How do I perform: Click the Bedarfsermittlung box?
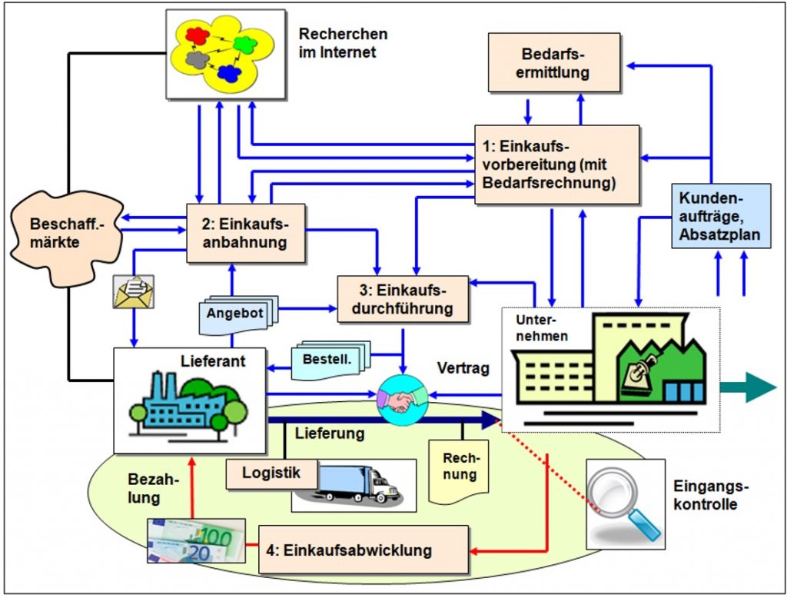pos(554,63)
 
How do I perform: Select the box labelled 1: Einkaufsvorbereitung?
pos(556,164)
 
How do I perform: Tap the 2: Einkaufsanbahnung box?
pos(245,233)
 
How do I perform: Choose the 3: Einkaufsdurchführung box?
pos(403,299)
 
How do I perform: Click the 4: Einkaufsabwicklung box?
pos(364,550)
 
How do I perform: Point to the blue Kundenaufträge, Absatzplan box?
pos(721,216)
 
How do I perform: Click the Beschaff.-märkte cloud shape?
pos(65,237)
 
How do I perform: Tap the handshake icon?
pos(402,400)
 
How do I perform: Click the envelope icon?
pos(134,292)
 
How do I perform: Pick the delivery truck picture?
pos(354,485)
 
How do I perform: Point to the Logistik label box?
pos(271,473)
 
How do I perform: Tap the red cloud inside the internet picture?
pos(198,35)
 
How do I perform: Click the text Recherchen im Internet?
pos(344,43)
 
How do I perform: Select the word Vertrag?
pos(463,368)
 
